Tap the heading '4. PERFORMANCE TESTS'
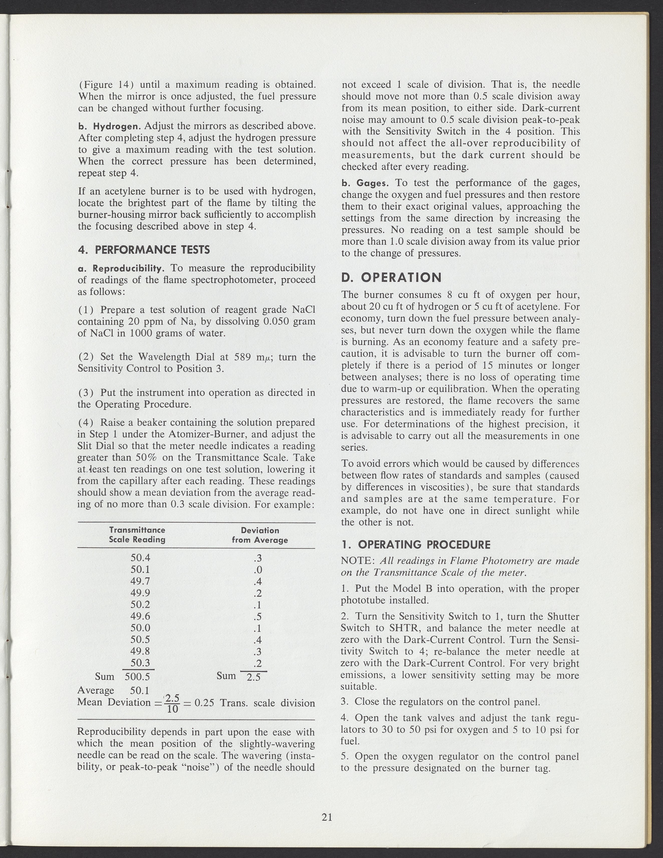(x=144, y=250)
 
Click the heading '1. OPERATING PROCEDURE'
(x=416, y=544)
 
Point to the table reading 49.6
(x=140, y=616)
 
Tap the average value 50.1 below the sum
(x=140, y=690)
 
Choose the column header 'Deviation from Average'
(x=260, y=535)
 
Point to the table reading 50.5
(x=140, y=639)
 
